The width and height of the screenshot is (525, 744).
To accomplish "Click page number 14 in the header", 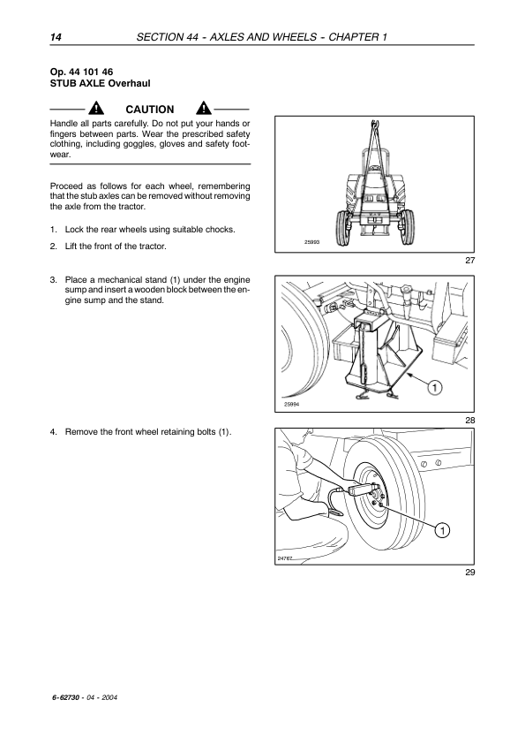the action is (x=56, y=37).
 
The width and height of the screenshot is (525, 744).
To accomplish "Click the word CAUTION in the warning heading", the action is (x=150, y=110).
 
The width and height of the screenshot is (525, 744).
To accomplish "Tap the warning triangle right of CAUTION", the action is (x=204, y=108).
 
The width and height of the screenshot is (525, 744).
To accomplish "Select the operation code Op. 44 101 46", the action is (x=81, y=72).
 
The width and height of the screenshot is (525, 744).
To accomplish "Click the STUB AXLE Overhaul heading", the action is (x=100, y=84).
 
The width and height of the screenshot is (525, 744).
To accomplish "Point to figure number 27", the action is (x=469, y=260).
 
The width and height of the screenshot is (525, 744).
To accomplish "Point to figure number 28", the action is (x=469, y=420).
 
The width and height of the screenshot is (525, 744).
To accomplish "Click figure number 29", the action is (x=469, y=572).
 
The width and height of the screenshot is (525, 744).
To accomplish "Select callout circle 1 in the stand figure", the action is (x=434, y=388).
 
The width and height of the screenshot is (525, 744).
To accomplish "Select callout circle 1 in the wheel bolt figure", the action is (x=442, y=530).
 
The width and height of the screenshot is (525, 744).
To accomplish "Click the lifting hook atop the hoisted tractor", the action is (x=374, y=125).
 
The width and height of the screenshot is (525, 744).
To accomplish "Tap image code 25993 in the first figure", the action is (x=311, y=242).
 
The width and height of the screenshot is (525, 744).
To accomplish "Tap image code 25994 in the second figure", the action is (x=291, y=405).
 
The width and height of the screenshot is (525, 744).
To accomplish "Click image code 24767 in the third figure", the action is (x=285, y=558).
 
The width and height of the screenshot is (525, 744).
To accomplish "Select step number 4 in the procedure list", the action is (x=54, y=432).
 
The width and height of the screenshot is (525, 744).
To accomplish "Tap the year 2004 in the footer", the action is (x=109, y=697).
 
